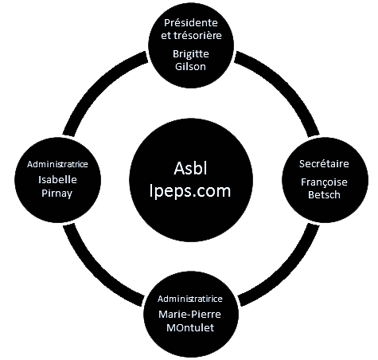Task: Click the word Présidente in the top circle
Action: point(191,23)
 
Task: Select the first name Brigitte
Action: point(191,55)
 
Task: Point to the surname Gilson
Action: point(190,66)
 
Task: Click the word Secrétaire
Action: point(324,164)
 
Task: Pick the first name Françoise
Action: point(324,182)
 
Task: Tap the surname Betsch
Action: point(324,195)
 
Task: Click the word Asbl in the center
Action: point(190,168)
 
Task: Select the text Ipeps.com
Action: point(190,191)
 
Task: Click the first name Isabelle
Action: point(57,180)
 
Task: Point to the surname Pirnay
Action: point(57,194)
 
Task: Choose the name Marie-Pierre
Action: point(189,315)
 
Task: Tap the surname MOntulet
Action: point(190,327)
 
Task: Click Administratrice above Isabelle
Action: point(57,164)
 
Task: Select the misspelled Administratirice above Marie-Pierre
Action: point(190,299)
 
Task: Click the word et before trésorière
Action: point(166,36)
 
